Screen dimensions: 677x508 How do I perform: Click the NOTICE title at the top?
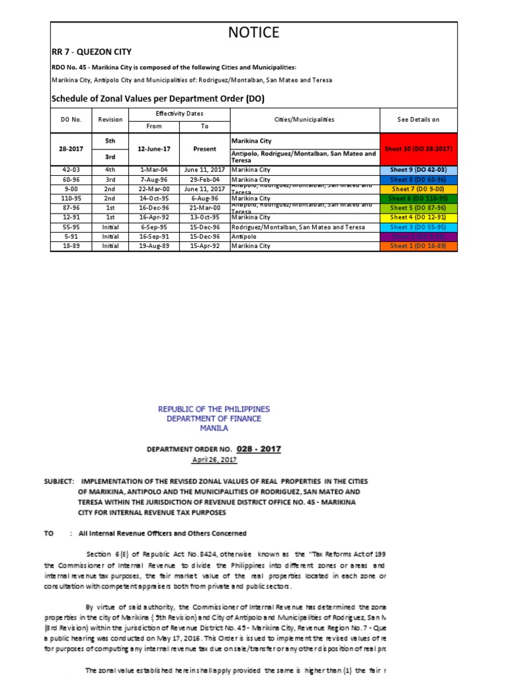pyautogui.click(x=254, y=32)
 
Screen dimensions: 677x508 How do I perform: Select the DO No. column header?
pyautogui.click(x=71, y=120)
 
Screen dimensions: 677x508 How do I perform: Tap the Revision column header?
pyautogui.click(x=110, y=120)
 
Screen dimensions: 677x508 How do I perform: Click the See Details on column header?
pyautogui.click(x=418, y=120)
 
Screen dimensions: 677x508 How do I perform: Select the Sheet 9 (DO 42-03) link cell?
pyautogui.click(x=418, y=170)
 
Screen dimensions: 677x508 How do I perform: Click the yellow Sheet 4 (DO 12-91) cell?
pyautogui.click(x=418, y=218)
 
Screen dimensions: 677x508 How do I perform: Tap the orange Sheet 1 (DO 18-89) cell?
pyautogui.click(x=418, y=246)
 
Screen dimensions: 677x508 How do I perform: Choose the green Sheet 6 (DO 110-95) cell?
pyautogui.click(x=418, y=198)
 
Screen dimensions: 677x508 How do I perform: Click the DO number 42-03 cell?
pyautogui.click(x=71, y=170)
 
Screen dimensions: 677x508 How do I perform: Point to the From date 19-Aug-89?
pyautogui.click(x=152, y=246)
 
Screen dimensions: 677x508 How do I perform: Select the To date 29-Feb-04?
pyautogui.click(x=204, y=179)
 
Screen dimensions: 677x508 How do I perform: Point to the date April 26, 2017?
pyautogui.click(x=214, y=459)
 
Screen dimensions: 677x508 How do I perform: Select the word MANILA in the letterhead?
pyautogui.click(x=214, y=428)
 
